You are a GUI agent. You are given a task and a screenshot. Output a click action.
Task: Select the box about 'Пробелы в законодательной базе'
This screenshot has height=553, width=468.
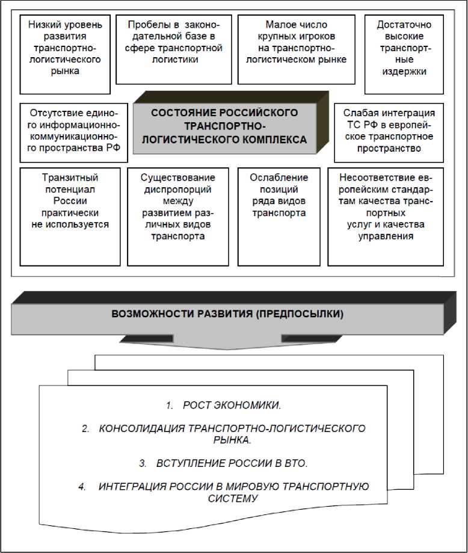tap(174, 49)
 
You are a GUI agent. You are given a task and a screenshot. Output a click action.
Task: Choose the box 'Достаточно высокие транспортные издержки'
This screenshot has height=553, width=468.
tap(402, 54)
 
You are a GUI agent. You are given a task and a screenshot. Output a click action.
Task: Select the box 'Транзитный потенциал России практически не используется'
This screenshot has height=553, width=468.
tap(70, 216)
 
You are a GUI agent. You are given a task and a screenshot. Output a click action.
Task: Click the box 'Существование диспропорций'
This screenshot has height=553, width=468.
tap(177, 216)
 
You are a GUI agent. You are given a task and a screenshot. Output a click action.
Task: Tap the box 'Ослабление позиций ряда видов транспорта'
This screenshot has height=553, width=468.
tap(279, 216)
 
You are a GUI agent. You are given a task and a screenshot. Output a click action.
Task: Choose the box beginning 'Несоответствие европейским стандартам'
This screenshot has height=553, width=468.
tap(388, 216)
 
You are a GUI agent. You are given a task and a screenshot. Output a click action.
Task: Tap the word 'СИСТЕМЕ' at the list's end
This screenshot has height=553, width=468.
tap(232, 499)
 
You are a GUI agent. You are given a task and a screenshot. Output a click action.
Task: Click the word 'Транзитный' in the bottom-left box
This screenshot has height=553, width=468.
tap(70, 178)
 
